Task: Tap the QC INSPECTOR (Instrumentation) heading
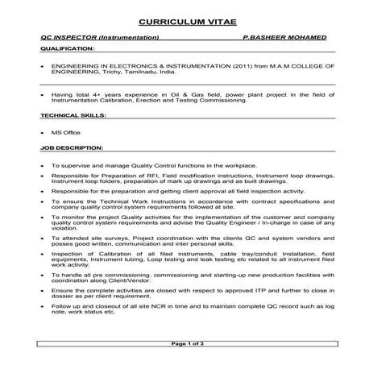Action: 98,38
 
